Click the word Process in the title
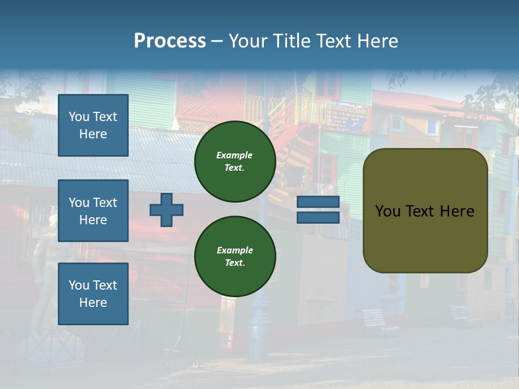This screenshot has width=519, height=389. tap(170, 41)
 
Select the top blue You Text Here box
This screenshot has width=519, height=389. tap(93, 125)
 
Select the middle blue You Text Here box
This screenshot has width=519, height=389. tap(93, 211)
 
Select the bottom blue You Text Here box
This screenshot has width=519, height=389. tap(93, 294)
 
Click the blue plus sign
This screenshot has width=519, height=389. tap(167, 210)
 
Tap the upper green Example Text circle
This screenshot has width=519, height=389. tap(235, 161)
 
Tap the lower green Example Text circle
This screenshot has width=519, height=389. tap(235, 256)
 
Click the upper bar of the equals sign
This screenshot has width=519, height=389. tap(318, 202)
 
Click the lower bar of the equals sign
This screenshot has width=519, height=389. tap(318, 217)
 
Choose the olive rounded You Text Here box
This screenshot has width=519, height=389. tap(425, 211)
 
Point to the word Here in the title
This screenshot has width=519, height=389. tap(375, 41)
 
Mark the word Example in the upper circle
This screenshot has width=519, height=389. tap(235, 155)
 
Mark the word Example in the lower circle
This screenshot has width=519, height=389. tap(235, 250)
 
